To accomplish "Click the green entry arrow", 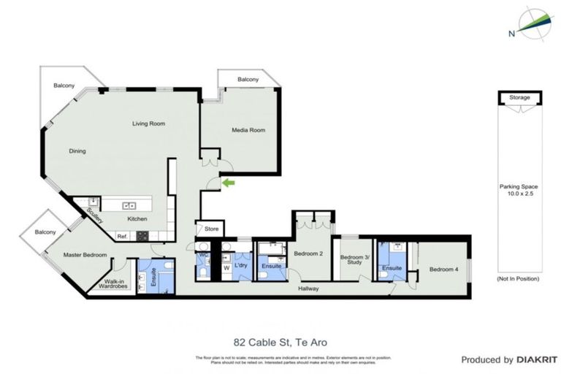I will pyautogui.click(x=229, y=182).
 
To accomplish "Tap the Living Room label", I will pyautogui.click(x=148, y=123).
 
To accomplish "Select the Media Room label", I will pyautogui.click(x=248, y=130).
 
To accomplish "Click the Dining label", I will pyautogui.click(x=77, y=151).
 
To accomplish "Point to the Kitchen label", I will pyautogui.click(x=137, y=219).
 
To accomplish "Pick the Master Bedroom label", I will pyautogui.click(x=85, y=255).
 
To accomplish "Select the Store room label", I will pyautogui.click(x=211, y=229).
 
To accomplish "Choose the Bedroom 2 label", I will pyautogui.click(x=308, y=253).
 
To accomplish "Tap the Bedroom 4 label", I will pyautogui.click(x=444, y=270).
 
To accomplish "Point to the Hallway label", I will pyautogui.click(x=308, y=289).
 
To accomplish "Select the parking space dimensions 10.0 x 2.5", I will pyautogui.click(x=520, y=189).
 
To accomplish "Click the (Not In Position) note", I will pyautogui.click(x=518, y=279).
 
